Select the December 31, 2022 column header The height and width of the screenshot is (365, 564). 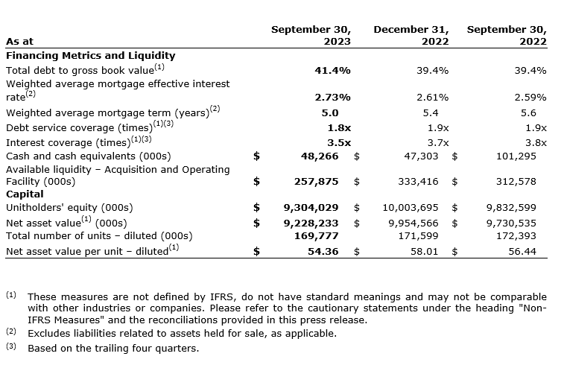411,36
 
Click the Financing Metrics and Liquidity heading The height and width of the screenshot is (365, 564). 90,55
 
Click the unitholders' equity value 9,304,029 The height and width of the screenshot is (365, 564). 311,207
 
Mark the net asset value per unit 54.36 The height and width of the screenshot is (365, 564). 323,252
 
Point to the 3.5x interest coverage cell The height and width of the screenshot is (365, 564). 339,142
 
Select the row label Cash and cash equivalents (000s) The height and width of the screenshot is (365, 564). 88,156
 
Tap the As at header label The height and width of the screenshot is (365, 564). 19,42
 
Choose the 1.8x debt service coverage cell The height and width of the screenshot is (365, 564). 339,127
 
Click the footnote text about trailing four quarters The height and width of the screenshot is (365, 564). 113,348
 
